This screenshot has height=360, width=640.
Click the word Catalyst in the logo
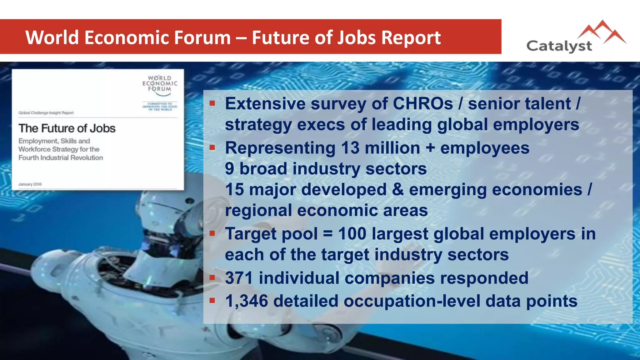pyautogui.click(x=559, y=46)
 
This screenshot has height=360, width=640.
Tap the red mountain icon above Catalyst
pyautogui.click(x=602, y=32)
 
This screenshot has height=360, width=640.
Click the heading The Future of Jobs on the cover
pyautogui.click(x=67, y=128)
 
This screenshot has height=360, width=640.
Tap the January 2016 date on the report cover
pyautogui.click(x=30, y=184)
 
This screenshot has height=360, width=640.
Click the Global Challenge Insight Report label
pyautogui.click(x=46, y=113)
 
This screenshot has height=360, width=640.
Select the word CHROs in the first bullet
pyautogui.click(x=422, y=103)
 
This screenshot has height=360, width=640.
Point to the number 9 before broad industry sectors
pyautogui.click(x=229, y=169)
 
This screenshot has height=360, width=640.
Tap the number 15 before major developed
pyautogui.click(x=234, y=190)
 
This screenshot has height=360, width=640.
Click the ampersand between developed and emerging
pyautogui.click(x=397, y=190)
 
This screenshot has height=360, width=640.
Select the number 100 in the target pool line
pyautogui.click(x=352, y=234)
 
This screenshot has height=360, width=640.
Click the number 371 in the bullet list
pyautogui.click(x=239, y=278)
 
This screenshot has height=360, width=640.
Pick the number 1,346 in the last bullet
pyautogui.click(x=247, y=301)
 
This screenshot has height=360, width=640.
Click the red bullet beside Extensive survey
pyautogui.click(x=212, y=103)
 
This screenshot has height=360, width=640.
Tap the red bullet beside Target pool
pyautogui.click(x=212, y=233)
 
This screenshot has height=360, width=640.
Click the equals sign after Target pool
pyautogui.click(x=327, y=234)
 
